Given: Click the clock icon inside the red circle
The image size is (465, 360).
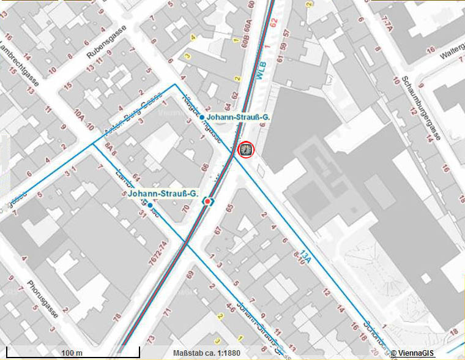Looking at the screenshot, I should (245, 149).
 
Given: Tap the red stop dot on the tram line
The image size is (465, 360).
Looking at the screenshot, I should (208, 201).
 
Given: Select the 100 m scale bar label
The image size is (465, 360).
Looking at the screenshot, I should (72, 353).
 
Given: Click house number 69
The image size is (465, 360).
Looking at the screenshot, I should (190, 280).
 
